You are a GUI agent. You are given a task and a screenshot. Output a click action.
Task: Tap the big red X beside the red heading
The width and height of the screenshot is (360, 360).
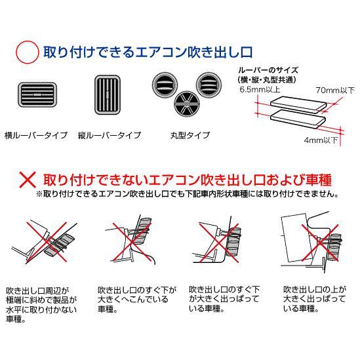tap(28, 180)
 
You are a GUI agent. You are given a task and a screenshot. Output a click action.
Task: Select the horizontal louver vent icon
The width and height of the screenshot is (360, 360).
tap(37, 94)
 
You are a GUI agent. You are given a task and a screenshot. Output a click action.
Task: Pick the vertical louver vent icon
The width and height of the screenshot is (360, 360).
tap(108, 94)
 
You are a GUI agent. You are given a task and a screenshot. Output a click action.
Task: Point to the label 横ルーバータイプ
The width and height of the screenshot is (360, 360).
tap(36, 135)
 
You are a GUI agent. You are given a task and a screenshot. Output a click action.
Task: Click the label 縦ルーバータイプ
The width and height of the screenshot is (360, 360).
tap(110, 135)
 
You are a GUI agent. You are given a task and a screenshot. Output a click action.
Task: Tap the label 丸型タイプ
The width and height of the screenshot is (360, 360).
tap(190, 135)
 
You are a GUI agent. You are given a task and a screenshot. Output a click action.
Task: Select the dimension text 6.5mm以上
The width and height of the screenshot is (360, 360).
tap(260, 89)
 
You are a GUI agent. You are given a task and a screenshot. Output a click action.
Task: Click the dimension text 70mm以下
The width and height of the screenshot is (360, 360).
tap(335, 90)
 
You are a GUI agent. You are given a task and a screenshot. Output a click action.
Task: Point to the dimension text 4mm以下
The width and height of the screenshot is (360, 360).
tap(321, 140)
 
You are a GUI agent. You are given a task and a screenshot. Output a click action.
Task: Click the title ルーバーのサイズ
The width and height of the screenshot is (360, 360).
tap(268, 70)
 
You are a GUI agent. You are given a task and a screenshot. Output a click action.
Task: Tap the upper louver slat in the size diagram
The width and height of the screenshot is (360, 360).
tap(298, 105)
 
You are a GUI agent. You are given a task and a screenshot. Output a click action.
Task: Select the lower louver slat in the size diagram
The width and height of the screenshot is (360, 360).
tap(298, 119)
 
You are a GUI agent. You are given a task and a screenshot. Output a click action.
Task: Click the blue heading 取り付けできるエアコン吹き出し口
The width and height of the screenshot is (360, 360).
tap(148, 52)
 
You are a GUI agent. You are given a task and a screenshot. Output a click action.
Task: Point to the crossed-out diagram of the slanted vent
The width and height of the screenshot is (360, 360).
tap(45, 241)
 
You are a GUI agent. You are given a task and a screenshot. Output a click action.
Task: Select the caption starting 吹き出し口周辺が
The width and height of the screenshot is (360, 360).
tap(41, 305)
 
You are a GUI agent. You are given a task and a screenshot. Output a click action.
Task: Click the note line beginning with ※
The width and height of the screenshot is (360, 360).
tap(188, 194)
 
